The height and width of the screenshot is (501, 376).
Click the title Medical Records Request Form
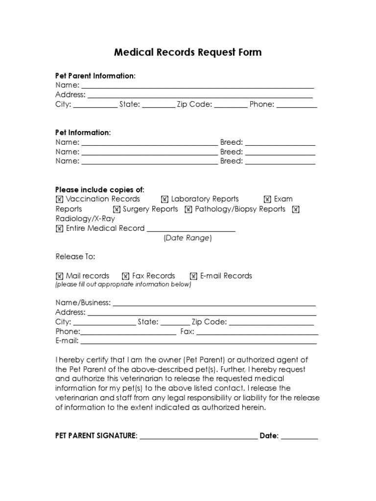tap(188, 52)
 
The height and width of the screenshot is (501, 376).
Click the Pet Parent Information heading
tap(95, 76)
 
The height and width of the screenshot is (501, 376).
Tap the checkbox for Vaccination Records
tap(59, 199)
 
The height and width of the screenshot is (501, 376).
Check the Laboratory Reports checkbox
tap(164, 199)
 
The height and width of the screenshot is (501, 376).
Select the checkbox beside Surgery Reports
tap(117, 209)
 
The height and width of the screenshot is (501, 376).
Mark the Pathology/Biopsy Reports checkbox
tap(188, 209)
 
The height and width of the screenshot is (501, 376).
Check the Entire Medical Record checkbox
tap(59, 228)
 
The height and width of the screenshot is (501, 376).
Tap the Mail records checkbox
tap(59, 276)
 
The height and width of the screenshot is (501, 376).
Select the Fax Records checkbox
tap(125, 276)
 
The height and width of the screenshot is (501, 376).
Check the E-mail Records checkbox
tap(193, 276)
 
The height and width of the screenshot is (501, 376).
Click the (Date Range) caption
tap(188, 238)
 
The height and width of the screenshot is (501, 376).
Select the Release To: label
tap(75, 257)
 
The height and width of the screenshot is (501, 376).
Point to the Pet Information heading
tap(83, 133)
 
